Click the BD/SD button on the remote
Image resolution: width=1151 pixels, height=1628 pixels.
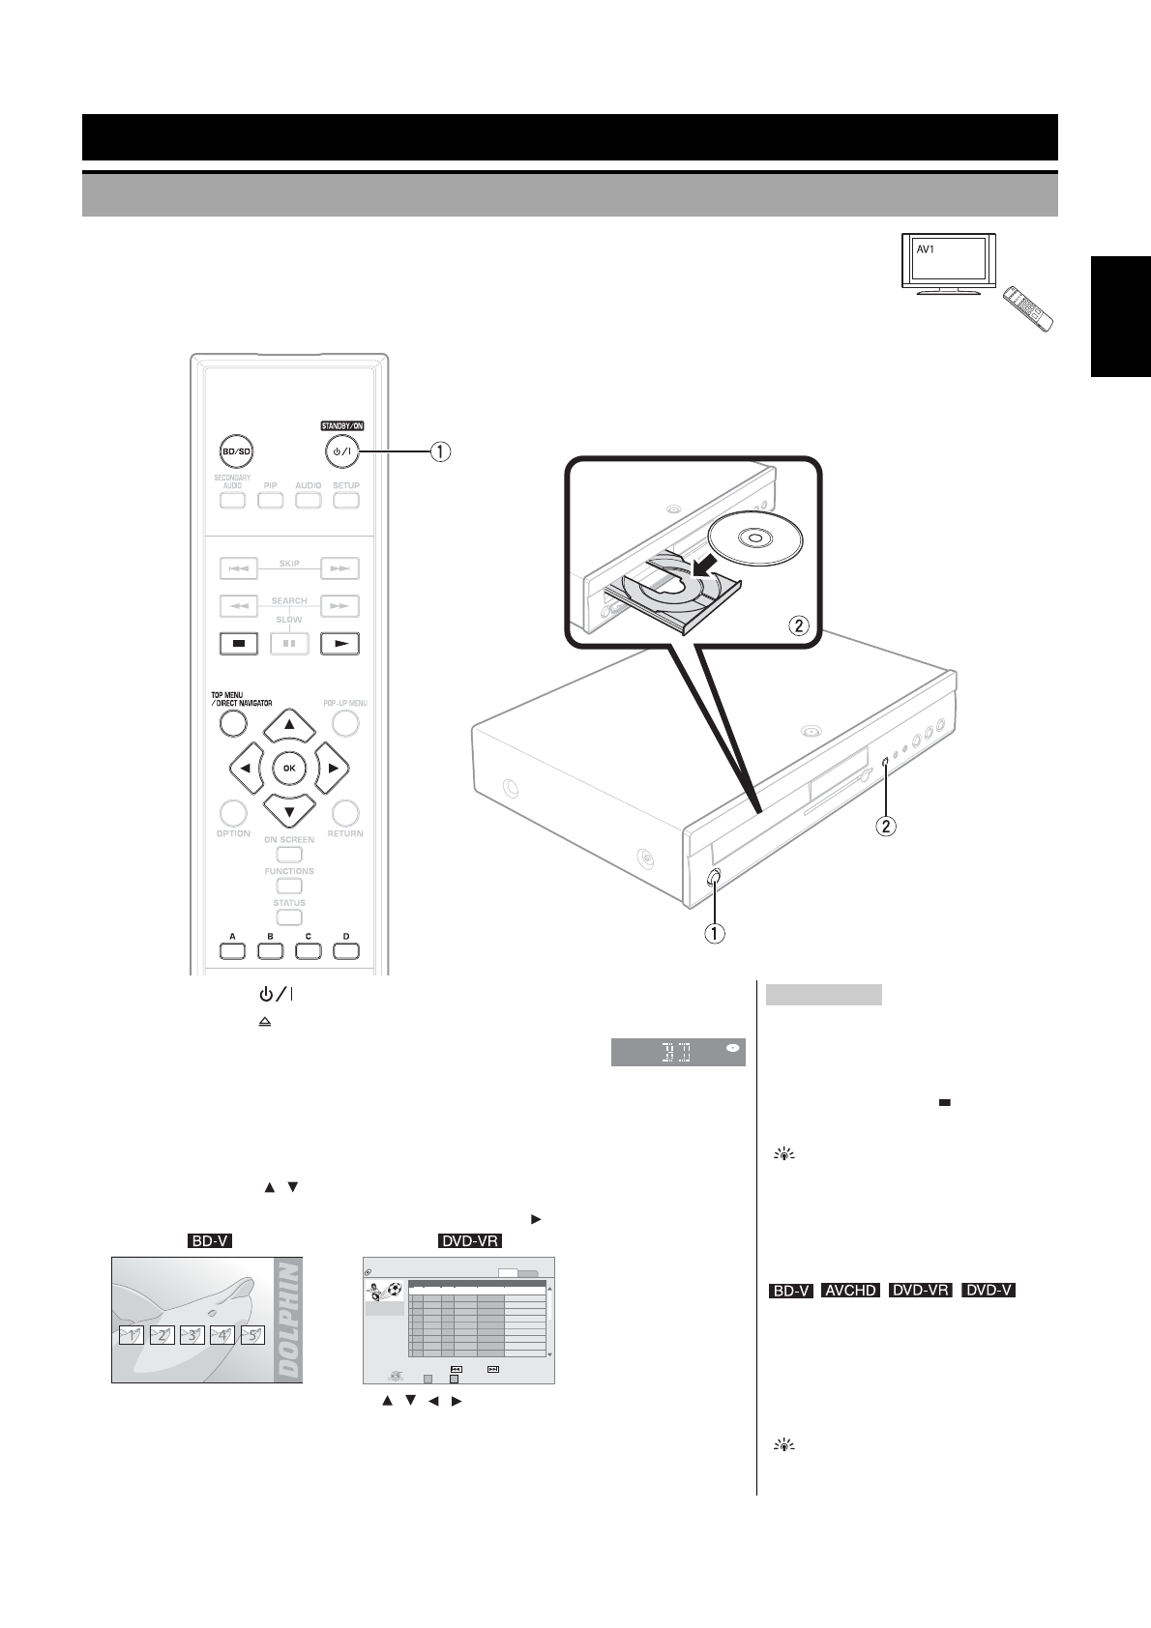[x=231, y=451]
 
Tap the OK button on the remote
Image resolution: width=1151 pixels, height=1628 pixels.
[x=289, y=768]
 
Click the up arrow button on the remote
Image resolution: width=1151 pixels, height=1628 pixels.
[x=289, y=725]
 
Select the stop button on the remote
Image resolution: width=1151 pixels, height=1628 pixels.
[x=238, y=642]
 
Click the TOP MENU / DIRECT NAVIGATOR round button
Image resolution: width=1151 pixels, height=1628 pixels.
[x=233, y=723]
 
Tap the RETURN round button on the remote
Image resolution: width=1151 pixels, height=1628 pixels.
[x=345, y=812]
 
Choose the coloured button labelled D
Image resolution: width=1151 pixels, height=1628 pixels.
[x=346, y=949]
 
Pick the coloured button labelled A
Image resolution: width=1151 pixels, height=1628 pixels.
[x=232, y=949]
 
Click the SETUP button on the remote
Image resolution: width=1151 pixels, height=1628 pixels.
[x=346, y=500]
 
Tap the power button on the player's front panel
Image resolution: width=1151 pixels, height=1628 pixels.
[x=714, y=877]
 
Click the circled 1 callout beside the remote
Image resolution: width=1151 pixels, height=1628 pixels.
[x=440, y=451]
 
